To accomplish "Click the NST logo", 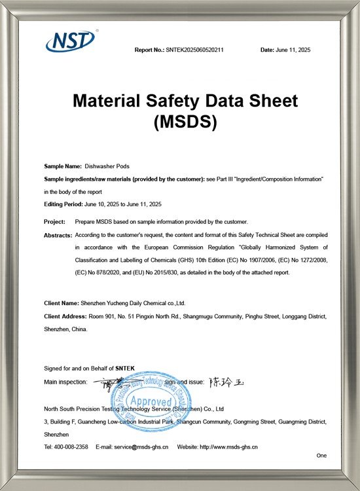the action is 71,41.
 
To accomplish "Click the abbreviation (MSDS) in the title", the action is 185,122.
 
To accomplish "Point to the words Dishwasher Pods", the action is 103,167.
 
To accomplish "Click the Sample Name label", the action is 62,167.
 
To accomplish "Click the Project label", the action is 55,222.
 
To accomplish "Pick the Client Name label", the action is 62,304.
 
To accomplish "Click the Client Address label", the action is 65,316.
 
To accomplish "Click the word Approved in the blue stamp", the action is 151,401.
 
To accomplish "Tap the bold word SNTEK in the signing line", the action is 125,369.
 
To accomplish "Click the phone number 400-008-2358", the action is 72,446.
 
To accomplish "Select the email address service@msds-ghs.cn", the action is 142,446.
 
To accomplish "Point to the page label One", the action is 321,455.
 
